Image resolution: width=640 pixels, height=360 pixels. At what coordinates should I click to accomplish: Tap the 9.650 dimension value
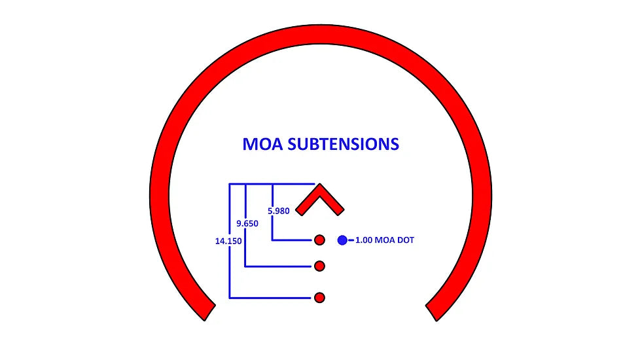tap(247, 224)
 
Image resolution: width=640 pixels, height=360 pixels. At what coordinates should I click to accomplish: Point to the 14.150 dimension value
tap(227, 241)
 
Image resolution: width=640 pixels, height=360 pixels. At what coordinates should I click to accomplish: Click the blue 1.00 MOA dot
tap(342, 240)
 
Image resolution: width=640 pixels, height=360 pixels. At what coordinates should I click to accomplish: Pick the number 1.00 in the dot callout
tap(365, 241)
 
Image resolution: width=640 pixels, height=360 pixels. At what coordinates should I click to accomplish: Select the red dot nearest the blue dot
tap(319, 240)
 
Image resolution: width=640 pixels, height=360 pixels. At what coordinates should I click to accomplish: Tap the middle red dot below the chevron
tap(319, 266)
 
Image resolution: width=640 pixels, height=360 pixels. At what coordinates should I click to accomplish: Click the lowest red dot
tap(319, 298)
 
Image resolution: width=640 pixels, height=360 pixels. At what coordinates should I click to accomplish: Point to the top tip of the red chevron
tap(320, 187)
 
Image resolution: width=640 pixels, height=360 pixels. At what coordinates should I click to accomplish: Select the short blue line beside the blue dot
tap(351, 240)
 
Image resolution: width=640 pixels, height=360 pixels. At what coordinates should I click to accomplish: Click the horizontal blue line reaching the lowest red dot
tap(268, 298)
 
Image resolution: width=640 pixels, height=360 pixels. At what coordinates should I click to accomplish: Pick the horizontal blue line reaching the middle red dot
tap(278, 266)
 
